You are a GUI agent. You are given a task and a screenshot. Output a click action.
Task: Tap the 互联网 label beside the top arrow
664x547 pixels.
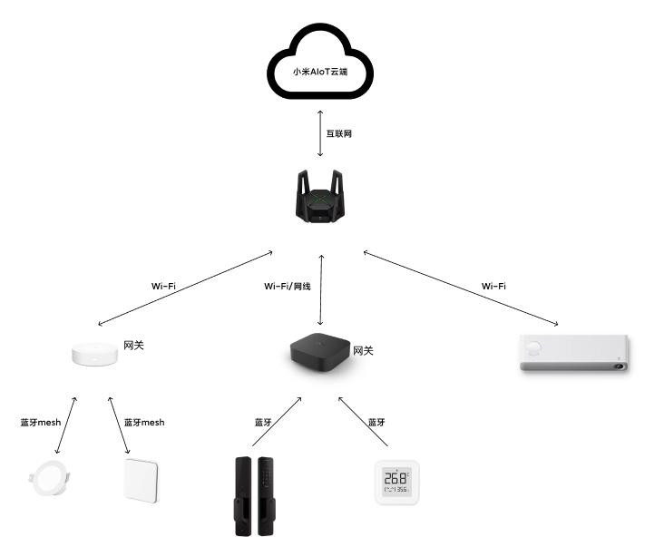[x=338, y=133]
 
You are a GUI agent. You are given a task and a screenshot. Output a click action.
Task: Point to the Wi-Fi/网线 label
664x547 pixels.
[x=288, y=286]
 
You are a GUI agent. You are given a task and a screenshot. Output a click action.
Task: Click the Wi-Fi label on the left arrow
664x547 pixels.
[x=163, y=286]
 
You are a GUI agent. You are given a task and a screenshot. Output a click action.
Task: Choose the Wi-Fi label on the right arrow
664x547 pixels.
[x=493, y=286]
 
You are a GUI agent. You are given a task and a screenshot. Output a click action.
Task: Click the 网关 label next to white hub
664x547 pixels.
[x=133, y=346]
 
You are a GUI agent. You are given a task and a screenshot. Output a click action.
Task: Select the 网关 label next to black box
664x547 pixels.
[x=363, y=350]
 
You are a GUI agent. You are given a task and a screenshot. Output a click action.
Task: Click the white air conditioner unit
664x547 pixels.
[x=573, y=353]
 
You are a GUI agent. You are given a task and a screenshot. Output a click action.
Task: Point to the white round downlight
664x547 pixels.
[x=45, y=481]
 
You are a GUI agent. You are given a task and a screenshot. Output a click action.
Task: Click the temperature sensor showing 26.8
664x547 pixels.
[x=396, y=481]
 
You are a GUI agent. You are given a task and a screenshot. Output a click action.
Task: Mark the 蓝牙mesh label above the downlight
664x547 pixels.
[x=41, y=422]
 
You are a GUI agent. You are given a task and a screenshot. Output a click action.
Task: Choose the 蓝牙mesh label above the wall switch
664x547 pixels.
[x=144, y=422]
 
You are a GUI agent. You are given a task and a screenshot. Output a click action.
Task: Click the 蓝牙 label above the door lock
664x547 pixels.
[x=263, y=422]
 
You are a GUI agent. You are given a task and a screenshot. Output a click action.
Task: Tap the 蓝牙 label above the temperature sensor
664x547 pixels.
[x=376, y=422]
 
